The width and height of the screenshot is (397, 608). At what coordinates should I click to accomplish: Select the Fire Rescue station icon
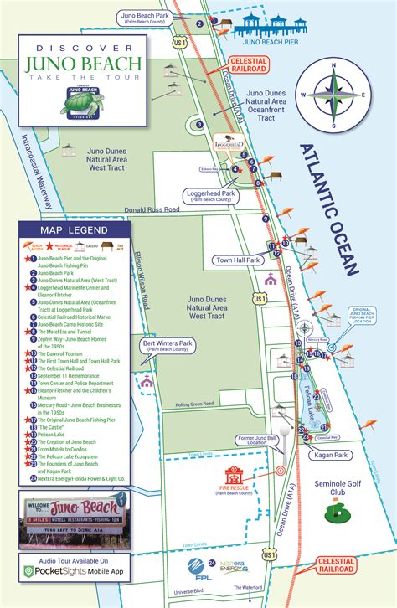(235, 473)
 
